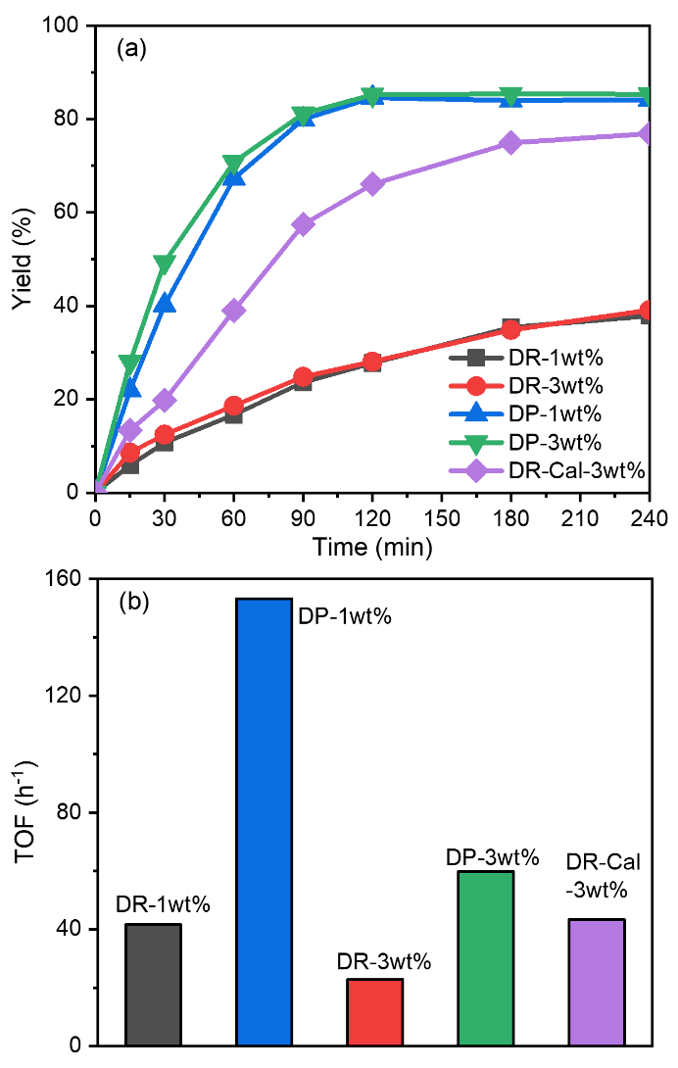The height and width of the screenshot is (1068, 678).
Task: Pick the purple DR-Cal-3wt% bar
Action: coord(597,981)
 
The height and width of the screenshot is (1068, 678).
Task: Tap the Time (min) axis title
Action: coord(372,546)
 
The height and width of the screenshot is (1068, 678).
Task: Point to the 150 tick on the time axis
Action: coord(442,516)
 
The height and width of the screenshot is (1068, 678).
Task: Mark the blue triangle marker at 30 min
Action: coord(165,304)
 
